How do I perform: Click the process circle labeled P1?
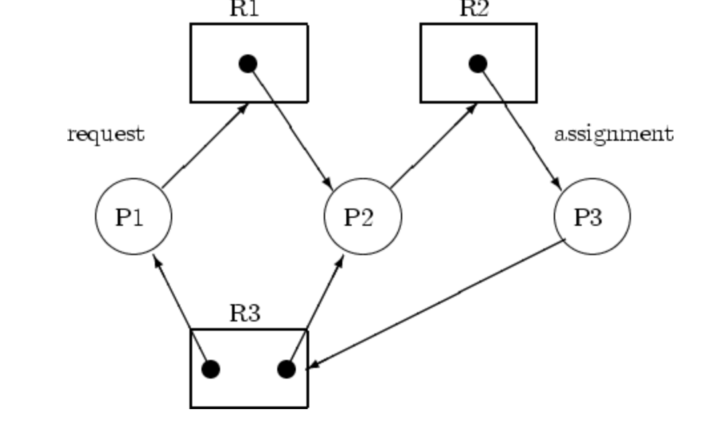pos(134,217)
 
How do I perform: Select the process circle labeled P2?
pos(362,217)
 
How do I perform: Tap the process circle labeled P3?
pos(592,217)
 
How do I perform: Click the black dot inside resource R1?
pos(248,64)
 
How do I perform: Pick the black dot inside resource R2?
pos(477,64)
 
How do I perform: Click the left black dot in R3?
pos(211,369)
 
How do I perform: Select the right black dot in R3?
pos(287,369)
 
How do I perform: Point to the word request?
pos(105,134)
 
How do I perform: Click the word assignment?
pos(613,134)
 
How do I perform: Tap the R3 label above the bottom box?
pos(245,313)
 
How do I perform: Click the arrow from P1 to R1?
pos(205,146)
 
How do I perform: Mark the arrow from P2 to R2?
pos(433,146)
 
